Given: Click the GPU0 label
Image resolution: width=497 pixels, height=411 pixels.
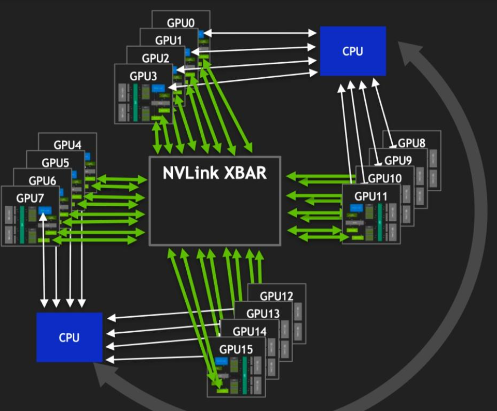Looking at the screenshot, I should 181,23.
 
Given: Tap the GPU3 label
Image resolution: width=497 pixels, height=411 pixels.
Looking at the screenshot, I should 143,76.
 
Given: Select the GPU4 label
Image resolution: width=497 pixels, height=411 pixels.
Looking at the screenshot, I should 67,145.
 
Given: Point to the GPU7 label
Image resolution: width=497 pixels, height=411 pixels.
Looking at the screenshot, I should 30,198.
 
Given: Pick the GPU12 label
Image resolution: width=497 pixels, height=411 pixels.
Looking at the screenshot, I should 277,296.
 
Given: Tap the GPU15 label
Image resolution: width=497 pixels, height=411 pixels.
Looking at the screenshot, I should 236,349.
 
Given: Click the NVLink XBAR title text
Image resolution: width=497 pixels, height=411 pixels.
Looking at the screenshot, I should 215,173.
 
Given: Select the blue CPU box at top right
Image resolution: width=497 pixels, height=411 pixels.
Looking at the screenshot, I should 353,51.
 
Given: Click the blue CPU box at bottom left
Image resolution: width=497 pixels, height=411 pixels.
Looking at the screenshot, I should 69,337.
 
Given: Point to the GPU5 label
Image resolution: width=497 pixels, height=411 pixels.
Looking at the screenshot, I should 56,163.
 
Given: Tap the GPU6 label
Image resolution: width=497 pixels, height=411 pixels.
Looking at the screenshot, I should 43,180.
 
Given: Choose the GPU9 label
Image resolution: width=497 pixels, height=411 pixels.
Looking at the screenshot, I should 398,160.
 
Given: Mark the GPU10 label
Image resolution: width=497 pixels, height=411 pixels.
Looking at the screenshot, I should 385,178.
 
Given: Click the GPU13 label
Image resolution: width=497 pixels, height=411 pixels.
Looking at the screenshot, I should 263,314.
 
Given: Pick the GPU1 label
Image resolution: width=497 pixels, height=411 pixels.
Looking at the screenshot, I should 169,40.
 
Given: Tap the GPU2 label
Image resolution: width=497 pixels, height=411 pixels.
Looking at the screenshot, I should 156,58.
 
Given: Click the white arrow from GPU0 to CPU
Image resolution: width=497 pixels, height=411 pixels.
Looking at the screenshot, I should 259,33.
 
